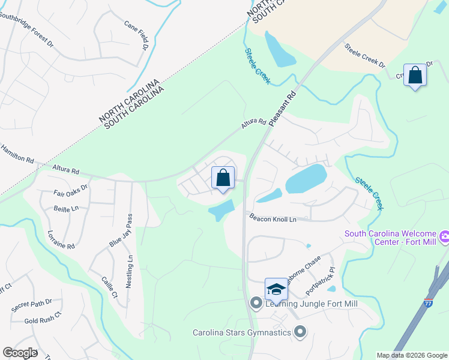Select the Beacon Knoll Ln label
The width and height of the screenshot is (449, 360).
click(x=273, y=220)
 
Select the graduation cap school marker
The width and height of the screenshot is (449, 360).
click(x=276, y=289)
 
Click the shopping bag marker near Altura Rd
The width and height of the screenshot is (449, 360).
click(x=223, y=178)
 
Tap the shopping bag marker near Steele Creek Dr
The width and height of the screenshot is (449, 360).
click(x=415, y=75)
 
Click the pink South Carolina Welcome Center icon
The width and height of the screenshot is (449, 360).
click(x=444, y=236)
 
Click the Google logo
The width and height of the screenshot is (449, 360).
click(x=20, y=352)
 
